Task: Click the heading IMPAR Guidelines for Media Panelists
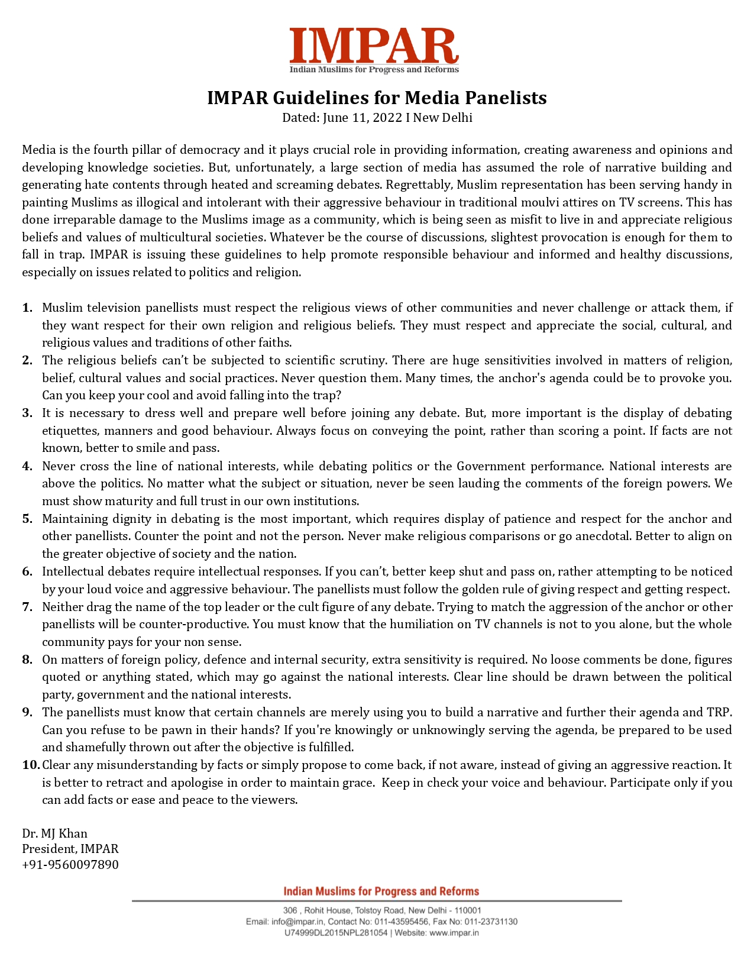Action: pos(377,98)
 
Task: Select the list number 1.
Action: pos(27,308)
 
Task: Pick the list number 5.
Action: pos(27,519)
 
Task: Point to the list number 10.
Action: pos(31,765)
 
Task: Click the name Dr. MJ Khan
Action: pos(54,833)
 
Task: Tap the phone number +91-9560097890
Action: pos(70,864)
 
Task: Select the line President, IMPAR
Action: pos(70,849)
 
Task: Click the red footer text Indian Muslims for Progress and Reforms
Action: pos(381,891)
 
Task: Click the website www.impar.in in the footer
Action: pos(454,933)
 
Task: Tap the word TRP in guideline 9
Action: pos(719,712)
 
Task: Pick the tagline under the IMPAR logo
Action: pos(374,70)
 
